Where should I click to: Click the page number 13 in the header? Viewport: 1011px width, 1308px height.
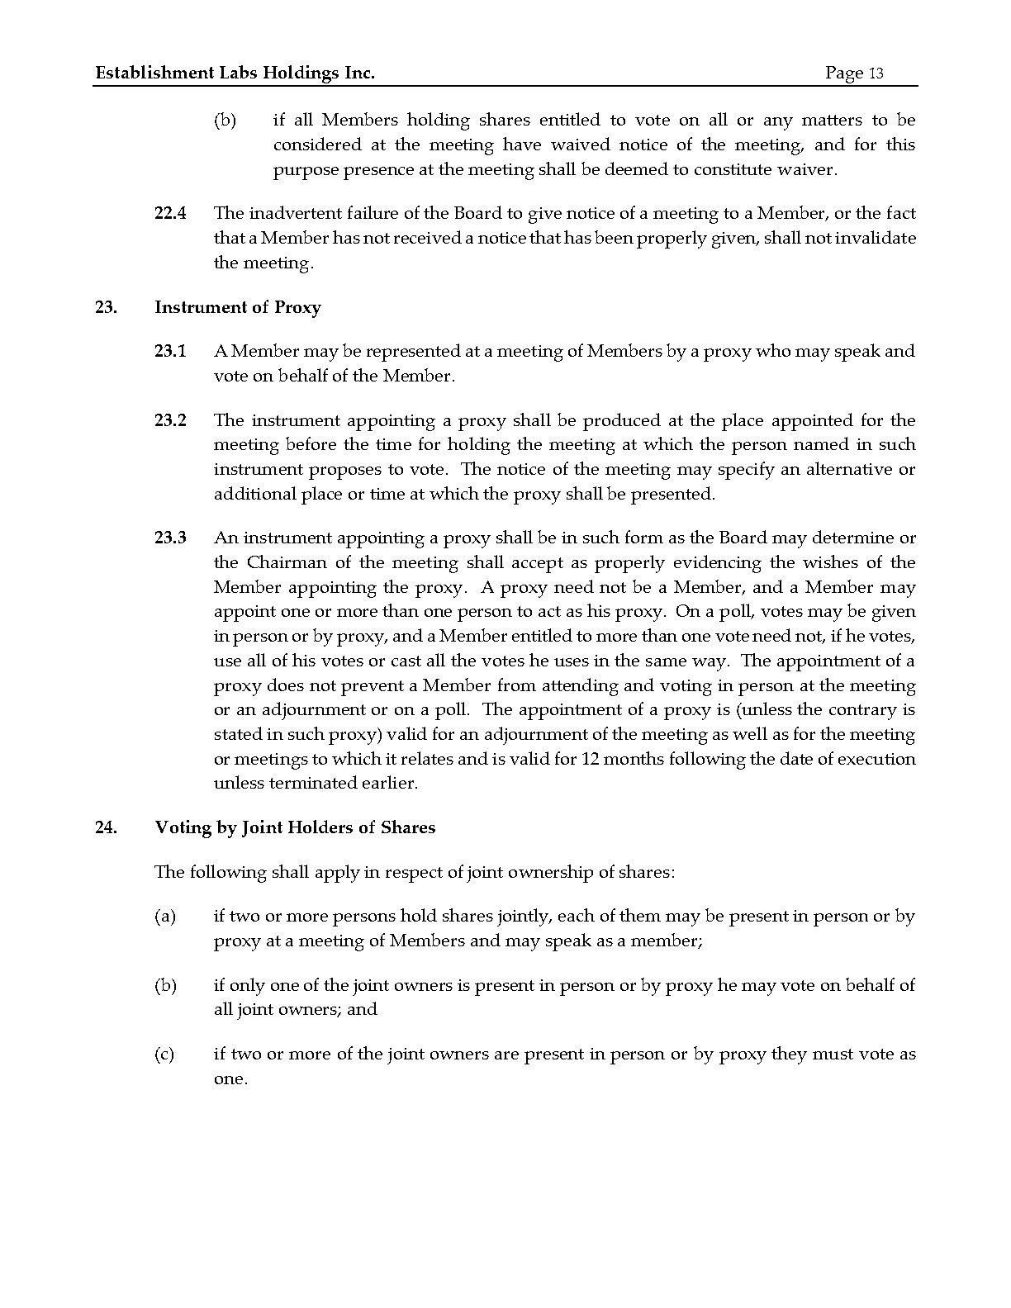(x=876, y=73)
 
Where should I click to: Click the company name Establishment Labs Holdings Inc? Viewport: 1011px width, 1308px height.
(x=235, y=73)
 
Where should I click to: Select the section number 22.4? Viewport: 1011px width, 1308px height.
(x=170, y=213)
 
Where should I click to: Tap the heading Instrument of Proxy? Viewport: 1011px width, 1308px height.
(x=238, y=307)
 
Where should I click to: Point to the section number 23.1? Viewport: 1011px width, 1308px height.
(x=170, y=351)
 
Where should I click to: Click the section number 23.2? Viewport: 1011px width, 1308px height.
(x=170, y=420)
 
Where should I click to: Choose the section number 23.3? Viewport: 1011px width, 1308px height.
(x=170, y=538)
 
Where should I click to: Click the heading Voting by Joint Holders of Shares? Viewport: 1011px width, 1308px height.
(x=295, y=827)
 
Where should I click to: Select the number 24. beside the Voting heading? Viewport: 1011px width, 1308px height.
(x=105, y=827)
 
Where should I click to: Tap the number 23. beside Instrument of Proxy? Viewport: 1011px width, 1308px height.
(x=105, y=307)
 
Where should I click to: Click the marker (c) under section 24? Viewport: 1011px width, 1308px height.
(x=164, y=1054)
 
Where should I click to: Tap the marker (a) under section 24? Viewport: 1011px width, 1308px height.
(x=164, y=916)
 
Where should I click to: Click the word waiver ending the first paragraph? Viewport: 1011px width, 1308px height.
(x=809, y=169)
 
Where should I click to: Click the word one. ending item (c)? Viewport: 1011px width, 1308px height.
(x=230, y=1079)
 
